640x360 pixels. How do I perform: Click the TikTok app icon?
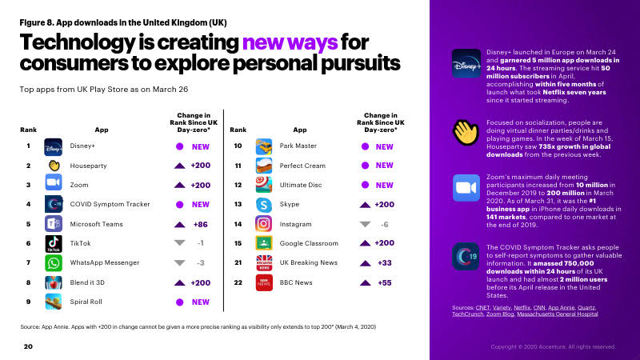point(54,244)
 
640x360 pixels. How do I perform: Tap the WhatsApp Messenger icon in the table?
point(54,263)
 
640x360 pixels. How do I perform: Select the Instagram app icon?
point(264,224)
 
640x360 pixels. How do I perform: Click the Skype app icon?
point(264,205)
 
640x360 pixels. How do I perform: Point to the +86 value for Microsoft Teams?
point(201,224)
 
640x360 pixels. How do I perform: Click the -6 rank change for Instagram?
point(384,224)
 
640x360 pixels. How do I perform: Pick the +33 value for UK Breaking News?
point(385,263)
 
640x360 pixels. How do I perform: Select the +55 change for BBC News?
point(385,282)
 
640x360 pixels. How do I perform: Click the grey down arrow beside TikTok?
point(179,243)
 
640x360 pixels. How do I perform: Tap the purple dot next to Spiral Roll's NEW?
point(179,302)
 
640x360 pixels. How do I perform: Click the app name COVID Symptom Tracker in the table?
point(110,204)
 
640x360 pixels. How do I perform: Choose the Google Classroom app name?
point(309,243)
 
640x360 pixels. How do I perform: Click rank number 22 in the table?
point(238,282)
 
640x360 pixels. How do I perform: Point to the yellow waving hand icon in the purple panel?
point(466,132)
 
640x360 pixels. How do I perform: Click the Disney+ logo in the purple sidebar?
point(466,63)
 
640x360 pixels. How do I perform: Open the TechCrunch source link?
point(467,314)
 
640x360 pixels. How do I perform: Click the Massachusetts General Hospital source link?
point(557,314)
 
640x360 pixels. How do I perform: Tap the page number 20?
point(28,346)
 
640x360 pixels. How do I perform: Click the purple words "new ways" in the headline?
point(290,42)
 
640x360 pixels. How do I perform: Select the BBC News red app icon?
point(264,282)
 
